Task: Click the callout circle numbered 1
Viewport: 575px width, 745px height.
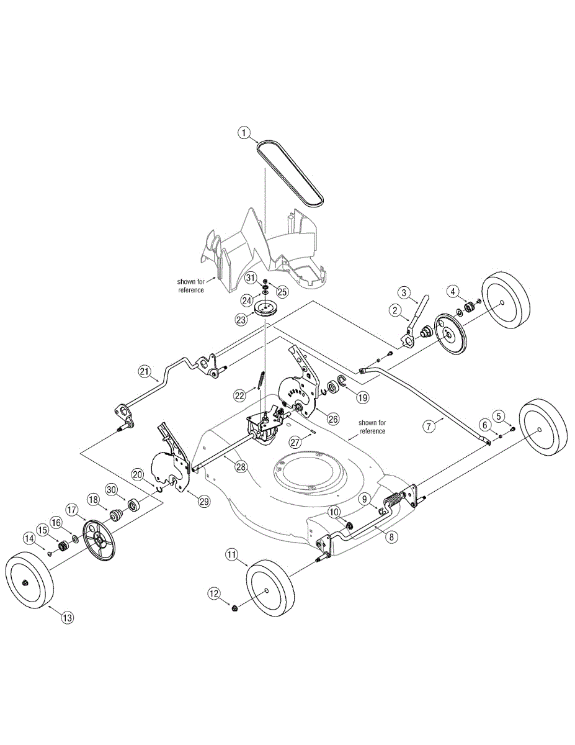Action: coord(244,132)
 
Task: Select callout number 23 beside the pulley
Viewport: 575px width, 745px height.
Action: coord(241,320)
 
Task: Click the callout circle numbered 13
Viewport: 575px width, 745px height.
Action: coord(67,617)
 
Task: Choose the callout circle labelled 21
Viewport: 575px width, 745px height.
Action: coord(145,372)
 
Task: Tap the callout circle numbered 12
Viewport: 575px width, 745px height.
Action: coord(214,594)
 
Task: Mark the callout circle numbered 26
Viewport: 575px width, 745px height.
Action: coord(333,418)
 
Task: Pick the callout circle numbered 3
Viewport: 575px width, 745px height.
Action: coord(404,292)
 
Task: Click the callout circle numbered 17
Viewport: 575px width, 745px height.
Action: coord(72,510)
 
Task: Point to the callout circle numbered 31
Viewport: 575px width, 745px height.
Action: coord(251,277)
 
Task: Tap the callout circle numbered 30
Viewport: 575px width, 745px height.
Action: coord(111,489)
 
